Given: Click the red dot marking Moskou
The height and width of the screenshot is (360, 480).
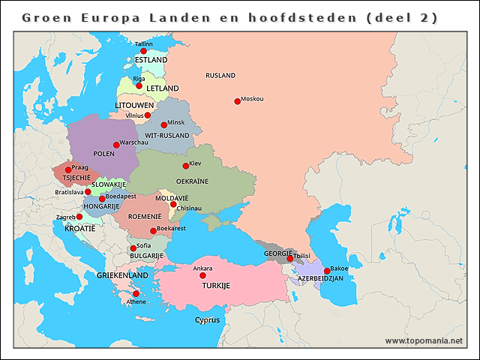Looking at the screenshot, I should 237,101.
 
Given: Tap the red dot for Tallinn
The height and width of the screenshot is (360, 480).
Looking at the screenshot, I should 144,51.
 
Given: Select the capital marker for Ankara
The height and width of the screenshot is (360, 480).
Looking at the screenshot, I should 202,275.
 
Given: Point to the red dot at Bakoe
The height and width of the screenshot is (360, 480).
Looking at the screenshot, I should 326,271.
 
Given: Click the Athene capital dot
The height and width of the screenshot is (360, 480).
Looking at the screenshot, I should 136,293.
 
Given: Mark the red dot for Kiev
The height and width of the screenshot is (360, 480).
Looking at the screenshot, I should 186,166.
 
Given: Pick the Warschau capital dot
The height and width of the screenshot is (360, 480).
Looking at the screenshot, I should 116,145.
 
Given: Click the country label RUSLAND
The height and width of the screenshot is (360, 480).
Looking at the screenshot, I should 220,76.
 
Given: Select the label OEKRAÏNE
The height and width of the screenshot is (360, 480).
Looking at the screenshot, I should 192,181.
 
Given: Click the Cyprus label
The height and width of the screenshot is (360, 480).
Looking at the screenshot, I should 208,319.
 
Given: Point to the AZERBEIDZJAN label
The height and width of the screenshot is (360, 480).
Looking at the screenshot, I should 320,278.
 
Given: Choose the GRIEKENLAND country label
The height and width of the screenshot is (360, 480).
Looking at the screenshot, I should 122,275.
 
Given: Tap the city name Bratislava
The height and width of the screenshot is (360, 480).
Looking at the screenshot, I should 69,192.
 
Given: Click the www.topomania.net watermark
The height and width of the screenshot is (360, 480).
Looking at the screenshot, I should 424,341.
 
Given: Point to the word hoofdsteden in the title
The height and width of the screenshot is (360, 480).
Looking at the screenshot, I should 299,17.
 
